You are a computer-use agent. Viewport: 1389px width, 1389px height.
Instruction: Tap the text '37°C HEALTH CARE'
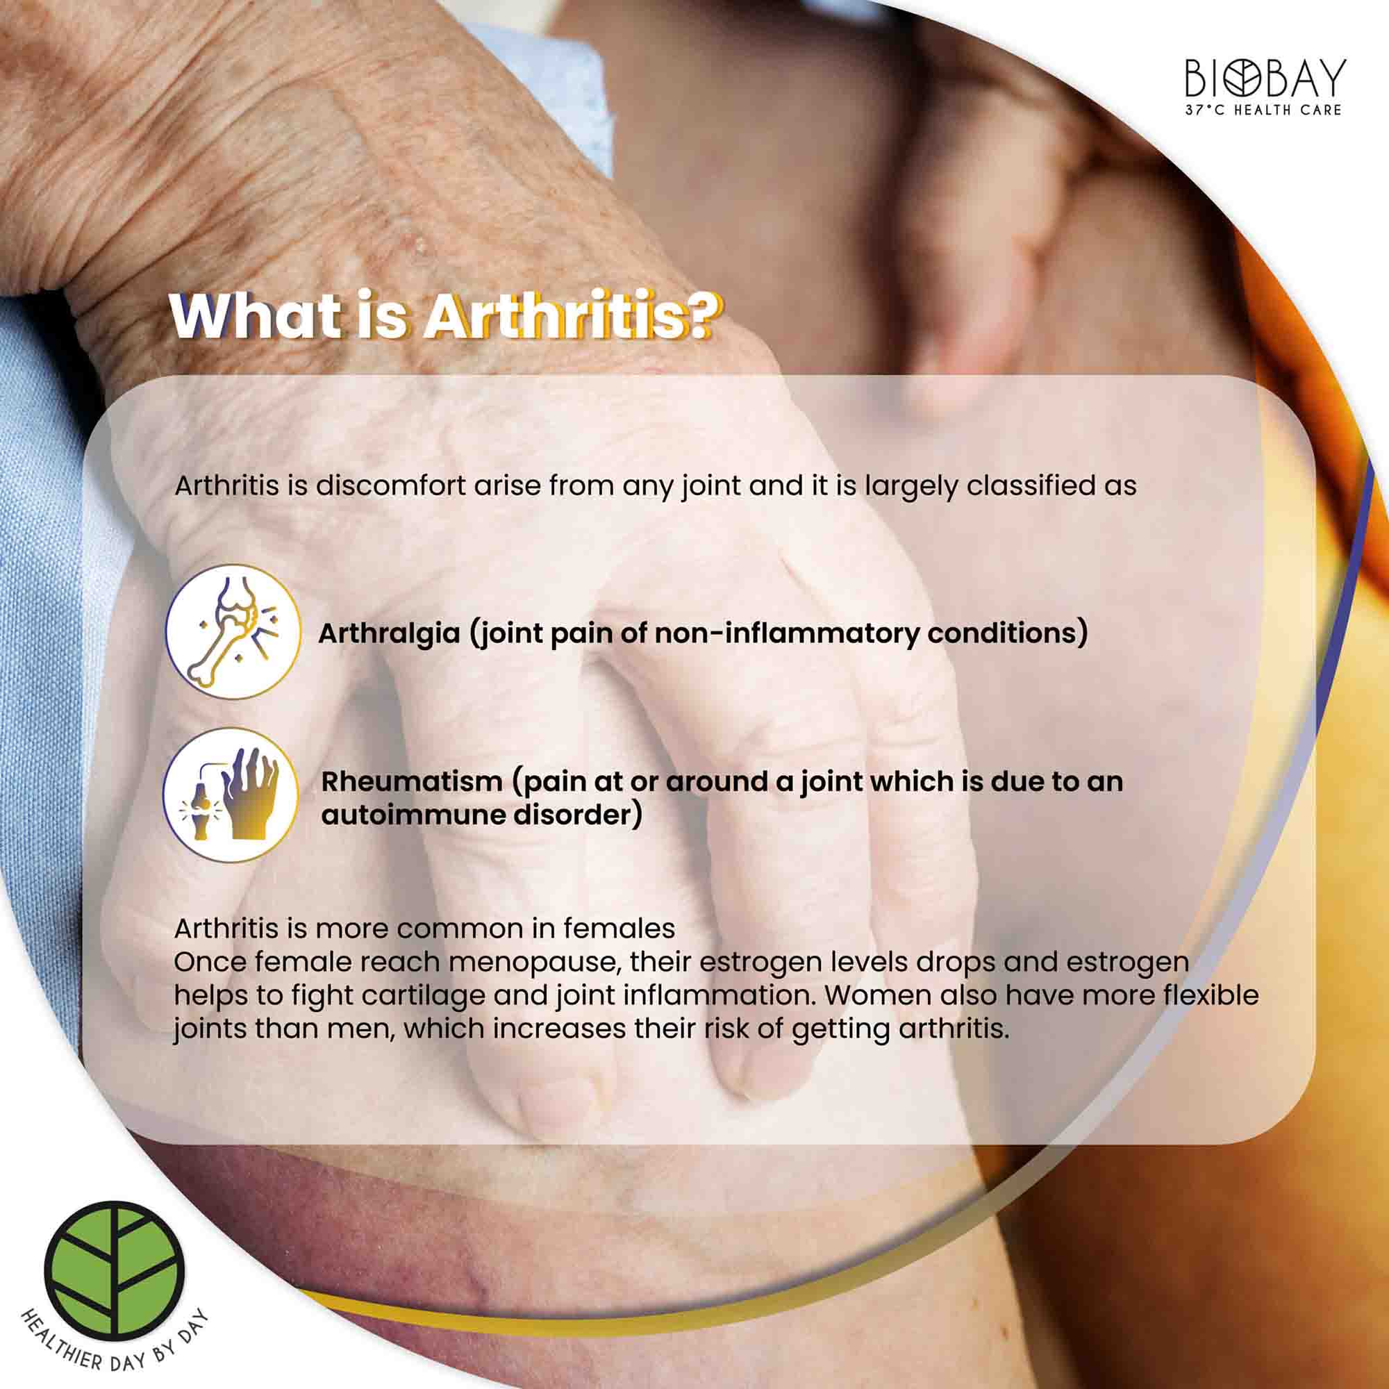[1265, 110]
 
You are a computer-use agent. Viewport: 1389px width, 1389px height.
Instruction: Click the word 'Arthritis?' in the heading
[570, 316]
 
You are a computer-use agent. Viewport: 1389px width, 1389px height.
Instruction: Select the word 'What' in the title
[254, 316]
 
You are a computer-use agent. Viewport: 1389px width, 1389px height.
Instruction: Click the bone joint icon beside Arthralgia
[232, 631]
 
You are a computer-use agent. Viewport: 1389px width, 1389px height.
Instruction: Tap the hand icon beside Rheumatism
[231, 795]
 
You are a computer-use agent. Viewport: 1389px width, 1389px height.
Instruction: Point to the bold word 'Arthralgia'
[389, 633]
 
